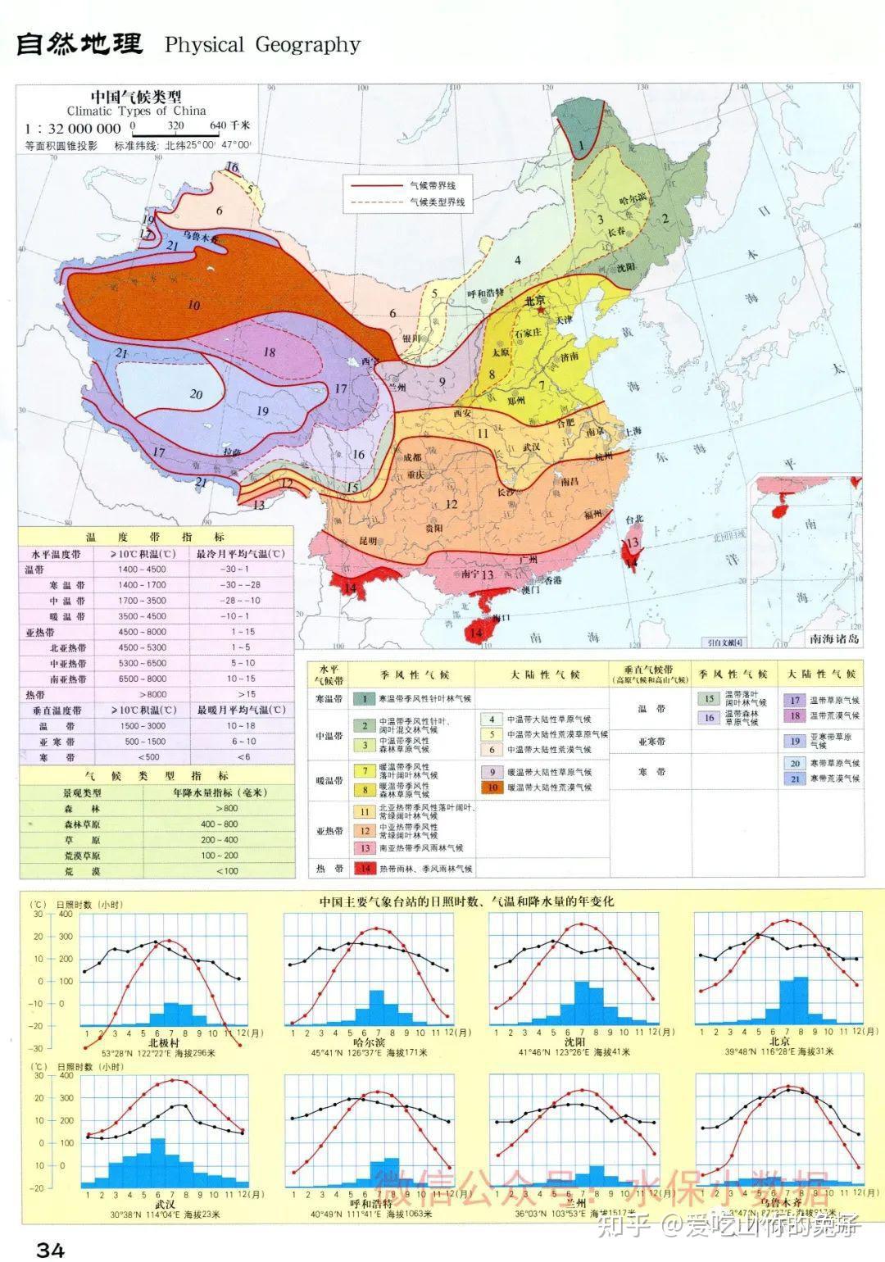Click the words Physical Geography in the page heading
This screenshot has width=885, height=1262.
(x=262, y=44)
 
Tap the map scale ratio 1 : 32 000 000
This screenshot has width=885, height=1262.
(x=73, y=129)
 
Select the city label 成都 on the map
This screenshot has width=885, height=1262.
(x=413, y=457)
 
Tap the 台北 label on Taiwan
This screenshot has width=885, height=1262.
(x=634, y=520)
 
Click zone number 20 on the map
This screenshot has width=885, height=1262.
(x=196, y=394)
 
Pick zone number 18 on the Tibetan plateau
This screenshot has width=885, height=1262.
(x=269, y=352)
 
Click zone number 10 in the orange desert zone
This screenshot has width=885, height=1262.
(x=193, y=306)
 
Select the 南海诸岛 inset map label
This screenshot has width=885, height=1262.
(x=833, y=639)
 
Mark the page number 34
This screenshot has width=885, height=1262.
(x=50, y=1249)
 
